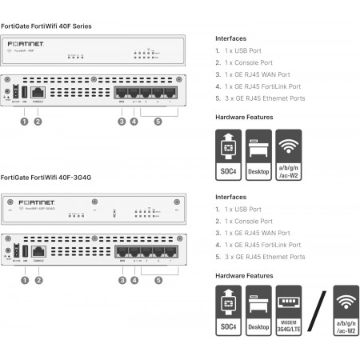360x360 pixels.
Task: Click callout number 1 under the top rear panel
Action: click(x=25, y=122)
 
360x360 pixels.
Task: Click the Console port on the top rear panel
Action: click(x=38, y=94)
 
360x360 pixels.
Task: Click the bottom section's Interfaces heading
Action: click(x=231, y=195)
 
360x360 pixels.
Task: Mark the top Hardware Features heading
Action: click(x=243, y=117)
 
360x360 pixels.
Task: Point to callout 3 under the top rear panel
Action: click(x=122, y=122)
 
